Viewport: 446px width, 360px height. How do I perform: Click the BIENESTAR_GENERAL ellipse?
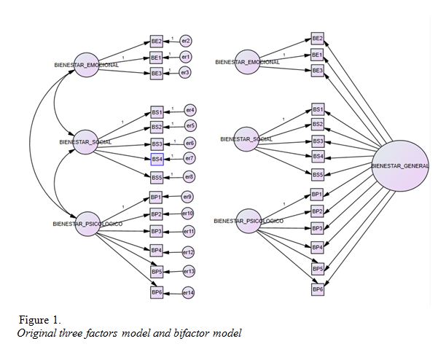tap(400, 165)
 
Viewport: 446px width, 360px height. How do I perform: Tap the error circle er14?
tap(187, 292)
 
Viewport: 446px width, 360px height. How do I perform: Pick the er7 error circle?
tap(189, 159)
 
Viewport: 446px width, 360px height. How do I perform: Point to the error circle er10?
tap(187, 213)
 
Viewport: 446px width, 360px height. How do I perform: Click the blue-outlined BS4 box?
tap(157, 159)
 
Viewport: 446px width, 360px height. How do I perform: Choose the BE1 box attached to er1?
tap(156, 57)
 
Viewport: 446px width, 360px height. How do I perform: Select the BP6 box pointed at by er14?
tap(156, 292)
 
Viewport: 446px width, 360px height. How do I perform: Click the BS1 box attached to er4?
tap(157, 111)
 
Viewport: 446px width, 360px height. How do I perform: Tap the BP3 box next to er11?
tap(156, 231)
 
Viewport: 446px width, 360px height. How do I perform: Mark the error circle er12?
tap(187, 252)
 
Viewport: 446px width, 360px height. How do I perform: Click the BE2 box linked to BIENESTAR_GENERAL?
tap(317, 38)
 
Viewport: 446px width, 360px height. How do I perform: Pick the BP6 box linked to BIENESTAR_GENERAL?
tap(317, 289)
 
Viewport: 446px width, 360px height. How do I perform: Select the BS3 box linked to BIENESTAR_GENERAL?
tap(318, 141)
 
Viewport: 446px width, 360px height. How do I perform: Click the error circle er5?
tap(191, 126)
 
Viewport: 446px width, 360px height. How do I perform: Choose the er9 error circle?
tap(187, 197)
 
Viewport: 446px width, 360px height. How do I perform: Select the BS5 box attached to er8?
tap(157, 176)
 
